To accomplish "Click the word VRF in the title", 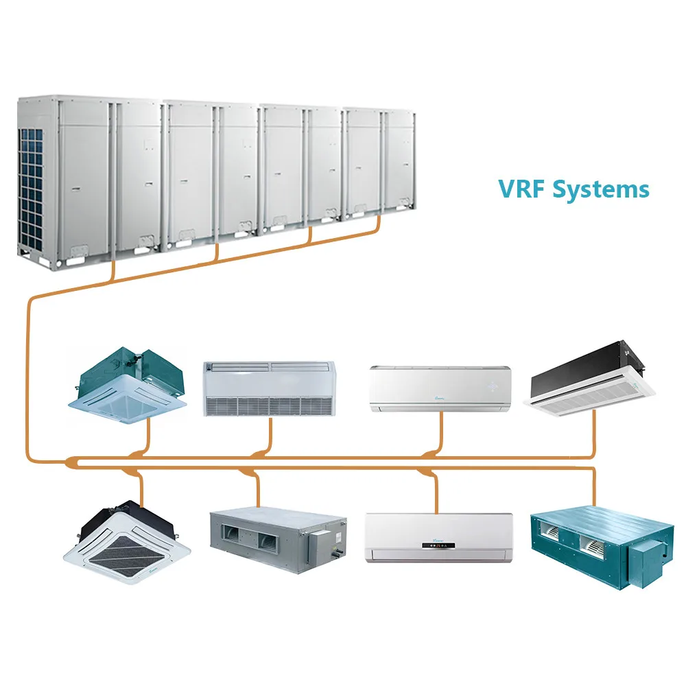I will pyautogui.click(x=521, y=188).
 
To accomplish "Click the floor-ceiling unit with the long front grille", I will pyautogui.click(x=269, y=389).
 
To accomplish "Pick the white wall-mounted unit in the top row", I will pyautogui.click(x=440, y=389).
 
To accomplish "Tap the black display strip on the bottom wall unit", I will pyautogui.click(x=439, y=546).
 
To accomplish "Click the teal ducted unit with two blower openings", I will pyautogui.click(x=590, y=542).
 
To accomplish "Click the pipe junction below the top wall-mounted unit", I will pyautogui.click(x=429, y=454).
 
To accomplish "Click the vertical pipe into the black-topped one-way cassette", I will pyautogui.click(x=594, y=432).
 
